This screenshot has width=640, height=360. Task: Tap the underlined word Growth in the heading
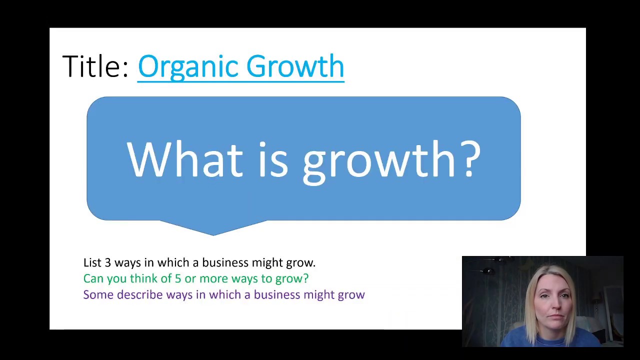[x=295, y=66]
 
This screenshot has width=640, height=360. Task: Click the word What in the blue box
[x=184, y=159]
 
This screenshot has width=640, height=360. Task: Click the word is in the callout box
[x=273, y=159]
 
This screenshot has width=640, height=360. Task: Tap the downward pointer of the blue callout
[x=213, y=228]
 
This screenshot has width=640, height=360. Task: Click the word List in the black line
[x=92, y=262]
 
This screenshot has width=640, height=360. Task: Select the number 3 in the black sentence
[x=107, y=262]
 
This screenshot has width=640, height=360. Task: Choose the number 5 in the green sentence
[x=177, y=278]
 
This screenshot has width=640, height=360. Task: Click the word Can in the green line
[x=93, y=278]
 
